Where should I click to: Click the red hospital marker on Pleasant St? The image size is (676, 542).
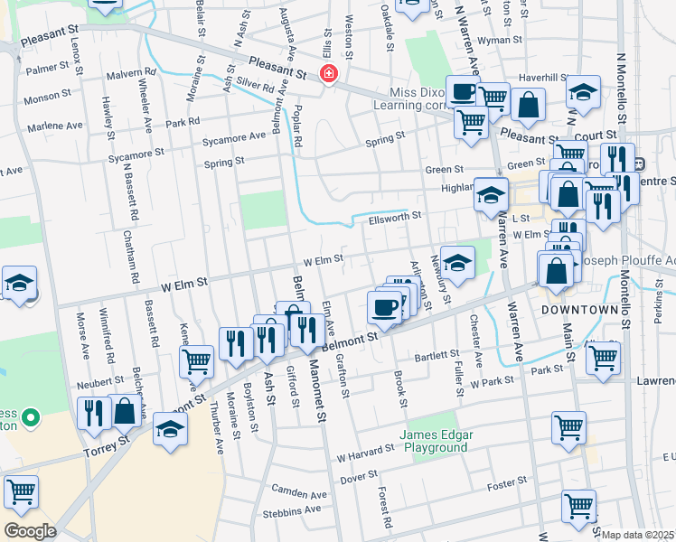(329, 74)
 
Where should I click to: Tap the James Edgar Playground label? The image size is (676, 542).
(440, 440)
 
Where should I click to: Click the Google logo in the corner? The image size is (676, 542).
(30, 530)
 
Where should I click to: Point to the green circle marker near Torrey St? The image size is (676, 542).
(30, 418)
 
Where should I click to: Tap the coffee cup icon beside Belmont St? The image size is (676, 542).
(384, 307)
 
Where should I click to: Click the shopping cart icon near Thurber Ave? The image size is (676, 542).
(196, 360)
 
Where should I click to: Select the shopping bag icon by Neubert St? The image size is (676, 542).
(125, 410)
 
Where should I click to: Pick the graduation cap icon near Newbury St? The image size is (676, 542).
(457, 262)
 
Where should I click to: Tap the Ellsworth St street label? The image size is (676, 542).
(395, 217)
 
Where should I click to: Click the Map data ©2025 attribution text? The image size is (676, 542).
(637, 535)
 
